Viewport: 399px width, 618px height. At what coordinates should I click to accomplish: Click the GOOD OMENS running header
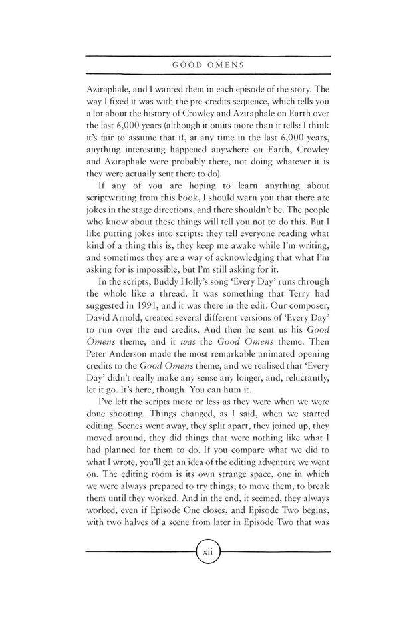(199, 65)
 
